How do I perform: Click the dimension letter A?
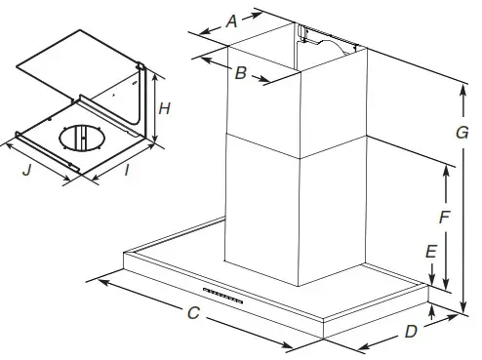point(231,20)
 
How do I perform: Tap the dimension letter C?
point(193,313)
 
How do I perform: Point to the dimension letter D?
point(411,331)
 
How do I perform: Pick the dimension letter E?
point(430,252)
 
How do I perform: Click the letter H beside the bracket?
point(165,109)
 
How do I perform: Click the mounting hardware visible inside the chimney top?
point(326,38)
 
